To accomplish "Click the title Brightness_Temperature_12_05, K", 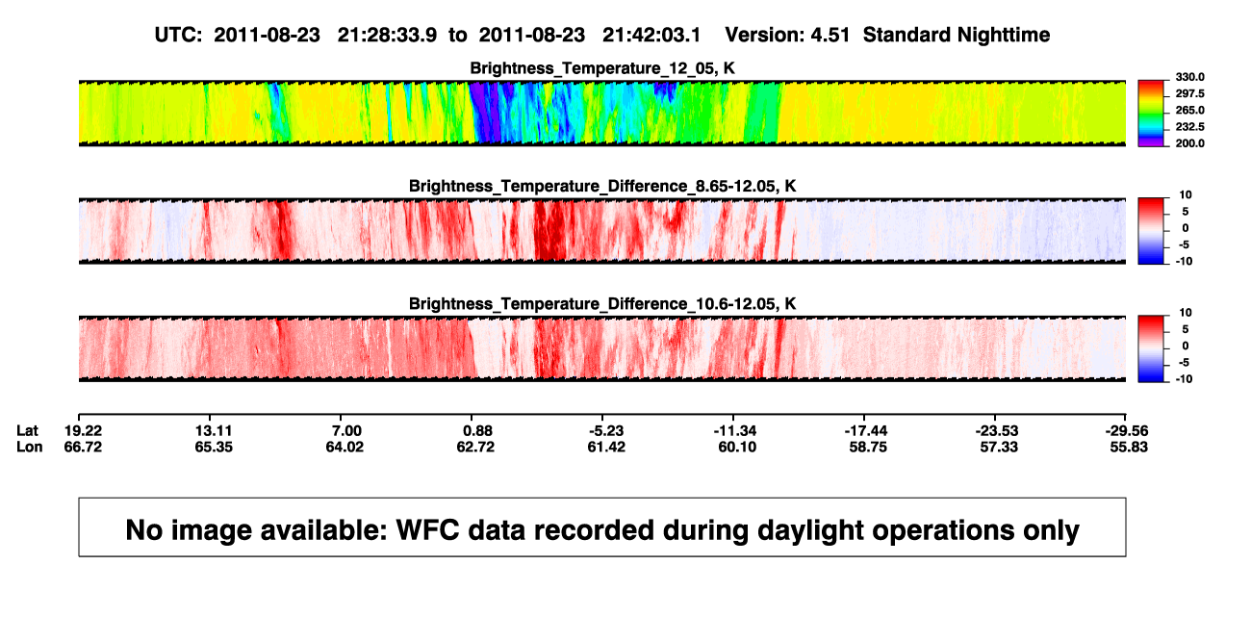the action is (x=602, y=68).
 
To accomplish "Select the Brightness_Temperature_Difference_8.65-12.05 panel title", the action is (x=602, y=186).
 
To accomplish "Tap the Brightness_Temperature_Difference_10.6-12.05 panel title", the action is (x=602, y=304).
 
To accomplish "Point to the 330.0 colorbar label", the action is (x=1189, y=77).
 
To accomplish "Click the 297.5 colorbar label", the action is (x=1189, y=94).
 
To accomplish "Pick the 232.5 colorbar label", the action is (x=1189, y=127).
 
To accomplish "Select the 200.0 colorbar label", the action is (x=1189, y=143).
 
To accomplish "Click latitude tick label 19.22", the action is (x=83, y=431).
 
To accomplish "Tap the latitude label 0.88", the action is (x=477, y=431).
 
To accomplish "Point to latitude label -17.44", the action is (x=866, y=431).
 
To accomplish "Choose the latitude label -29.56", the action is (x=1127, y=431).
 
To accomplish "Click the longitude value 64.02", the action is (x=345, y=447).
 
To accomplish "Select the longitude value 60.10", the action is (x=737, y=447).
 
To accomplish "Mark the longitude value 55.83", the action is (x=1129, y=447).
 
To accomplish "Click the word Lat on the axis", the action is (x=27, y=431).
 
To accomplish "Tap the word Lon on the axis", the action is (x=30, y=447).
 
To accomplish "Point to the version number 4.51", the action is (x=830, y=35).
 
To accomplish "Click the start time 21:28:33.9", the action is (x=387, y=35).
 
